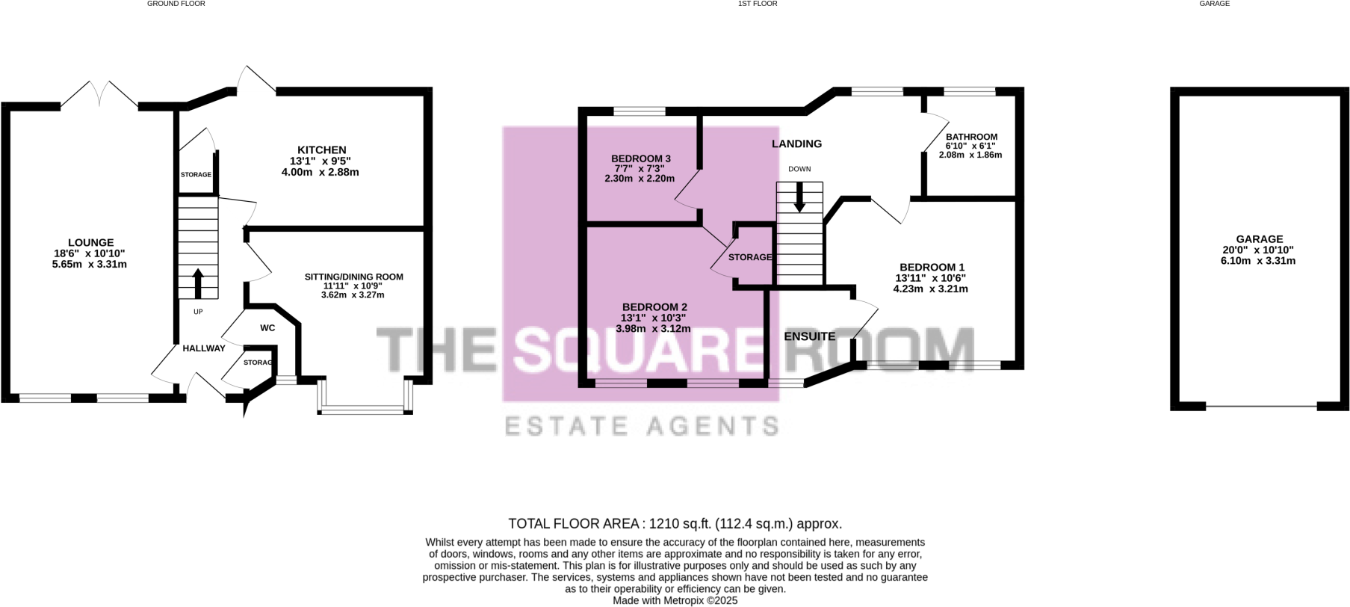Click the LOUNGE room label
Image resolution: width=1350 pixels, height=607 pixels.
coord(90,242)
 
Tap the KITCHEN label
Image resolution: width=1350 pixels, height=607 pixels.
coord(322,150)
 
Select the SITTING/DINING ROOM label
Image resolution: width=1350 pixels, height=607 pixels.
coord(353,277)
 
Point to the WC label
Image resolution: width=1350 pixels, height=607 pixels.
coord(267,328)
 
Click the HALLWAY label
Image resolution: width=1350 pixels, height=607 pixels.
coord(204,348)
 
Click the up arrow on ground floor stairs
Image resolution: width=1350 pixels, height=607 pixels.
coord(198,283)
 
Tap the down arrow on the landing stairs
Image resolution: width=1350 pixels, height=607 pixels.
coord(799,199)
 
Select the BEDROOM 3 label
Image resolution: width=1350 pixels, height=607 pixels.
coord(640,158)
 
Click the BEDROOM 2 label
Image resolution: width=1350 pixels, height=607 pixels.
coord(654,307)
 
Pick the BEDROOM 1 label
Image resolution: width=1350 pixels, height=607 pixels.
coord(932,267)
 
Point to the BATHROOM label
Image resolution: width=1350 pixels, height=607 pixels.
coord(971,138)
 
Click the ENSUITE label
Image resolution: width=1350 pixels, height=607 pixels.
coord(809,336)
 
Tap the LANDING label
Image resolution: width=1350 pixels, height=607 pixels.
coord(796,144)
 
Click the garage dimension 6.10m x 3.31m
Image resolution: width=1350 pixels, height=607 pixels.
coord(1259,261)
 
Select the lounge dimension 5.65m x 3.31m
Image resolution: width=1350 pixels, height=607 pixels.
coord(90,264)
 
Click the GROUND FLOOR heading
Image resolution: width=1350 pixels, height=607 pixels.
coord(176,4)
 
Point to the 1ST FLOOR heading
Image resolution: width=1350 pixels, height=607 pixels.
coord(758,4)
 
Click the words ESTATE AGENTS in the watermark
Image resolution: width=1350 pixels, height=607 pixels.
coord(642,426)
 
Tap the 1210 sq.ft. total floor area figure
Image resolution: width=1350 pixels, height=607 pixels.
coord(680,524)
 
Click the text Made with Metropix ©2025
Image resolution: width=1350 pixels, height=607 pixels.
coord(675,600)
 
